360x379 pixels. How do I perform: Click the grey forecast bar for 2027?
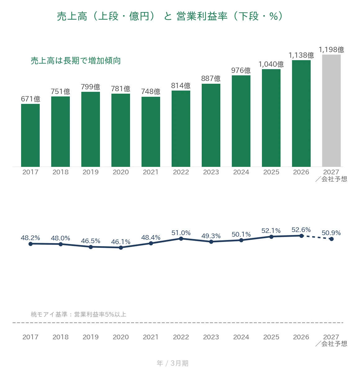pos(331,111)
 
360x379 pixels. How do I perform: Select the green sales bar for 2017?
pos(30,135)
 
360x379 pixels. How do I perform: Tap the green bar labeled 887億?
pos(211,125)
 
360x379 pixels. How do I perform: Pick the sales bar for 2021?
pos(151,132)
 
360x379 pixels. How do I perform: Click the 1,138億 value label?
pos(301,55)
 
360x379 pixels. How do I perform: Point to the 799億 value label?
pos(91,87)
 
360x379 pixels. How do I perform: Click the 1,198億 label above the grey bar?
pos(331,50)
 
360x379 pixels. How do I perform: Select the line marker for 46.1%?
pos(121,248)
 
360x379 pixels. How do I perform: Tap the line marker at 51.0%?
pos(181,239)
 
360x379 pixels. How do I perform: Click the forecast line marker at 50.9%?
pos(331,239)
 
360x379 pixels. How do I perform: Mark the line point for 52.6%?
pos(301,236)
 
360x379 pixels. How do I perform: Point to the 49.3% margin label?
pos(211,236)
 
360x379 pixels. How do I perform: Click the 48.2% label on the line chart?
pos(30,238)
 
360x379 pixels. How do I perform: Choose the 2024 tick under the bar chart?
pos(241,172)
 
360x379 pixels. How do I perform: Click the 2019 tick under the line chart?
pos(91,337)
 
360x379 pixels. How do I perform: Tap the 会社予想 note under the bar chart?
pos(331,179)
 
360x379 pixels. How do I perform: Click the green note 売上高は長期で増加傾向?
pos(76,61)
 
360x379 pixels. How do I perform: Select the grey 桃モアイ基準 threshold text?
pos(78,314)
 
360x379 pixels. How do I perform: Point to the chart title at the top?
pos(170,16)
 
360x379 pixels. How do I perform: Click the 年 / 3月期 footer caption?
pos(173,363)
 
